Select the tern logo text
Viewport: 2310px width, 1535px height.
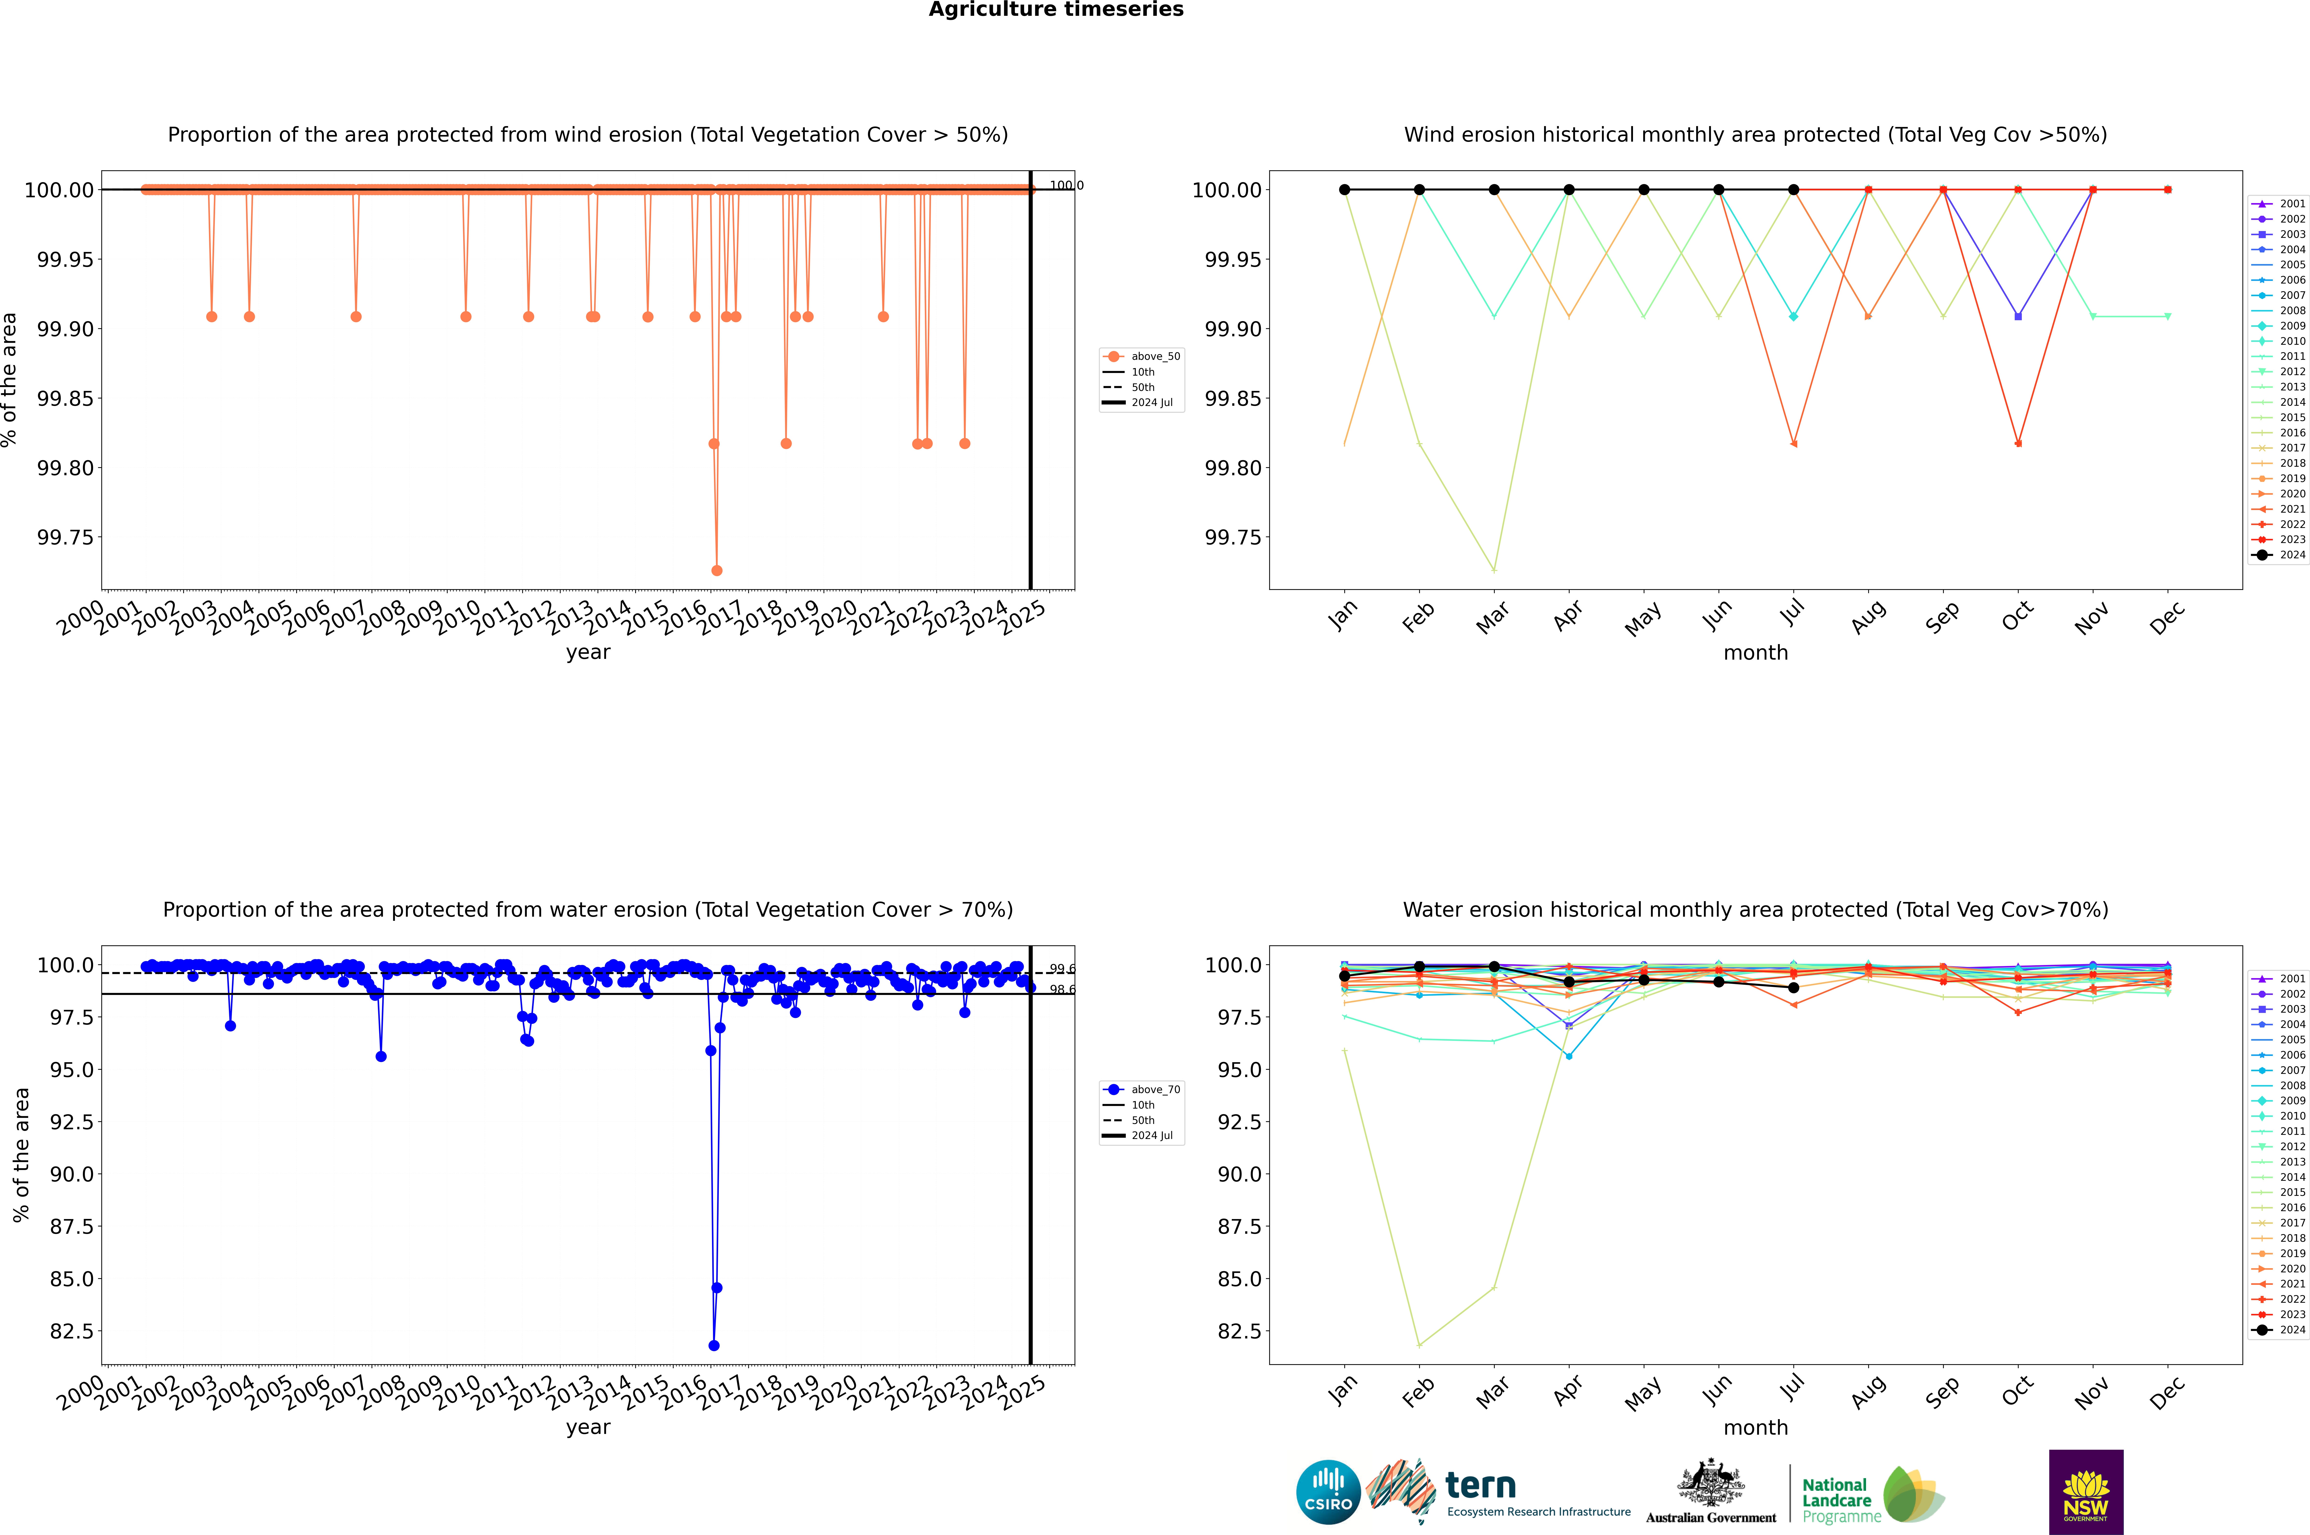point(1481,1486)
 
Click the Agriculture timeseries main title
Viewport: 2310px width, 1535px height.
point(1056,10)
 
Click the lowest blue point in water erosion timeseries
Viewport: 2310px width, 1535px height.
point(714,1345)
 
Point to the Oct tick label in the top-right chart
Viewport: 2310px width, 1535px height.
point(2017,617)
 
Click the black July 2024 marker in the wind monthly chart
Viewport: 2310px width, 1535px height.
point(1793,190)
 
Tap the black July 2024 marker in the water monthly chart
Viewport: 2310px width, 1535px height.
point(1793,988)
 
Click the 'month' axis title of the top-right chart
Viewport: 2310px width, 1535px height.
point(1755,653)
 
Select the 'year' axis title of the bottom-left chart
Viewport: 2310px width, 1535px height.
point(588,1427)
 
